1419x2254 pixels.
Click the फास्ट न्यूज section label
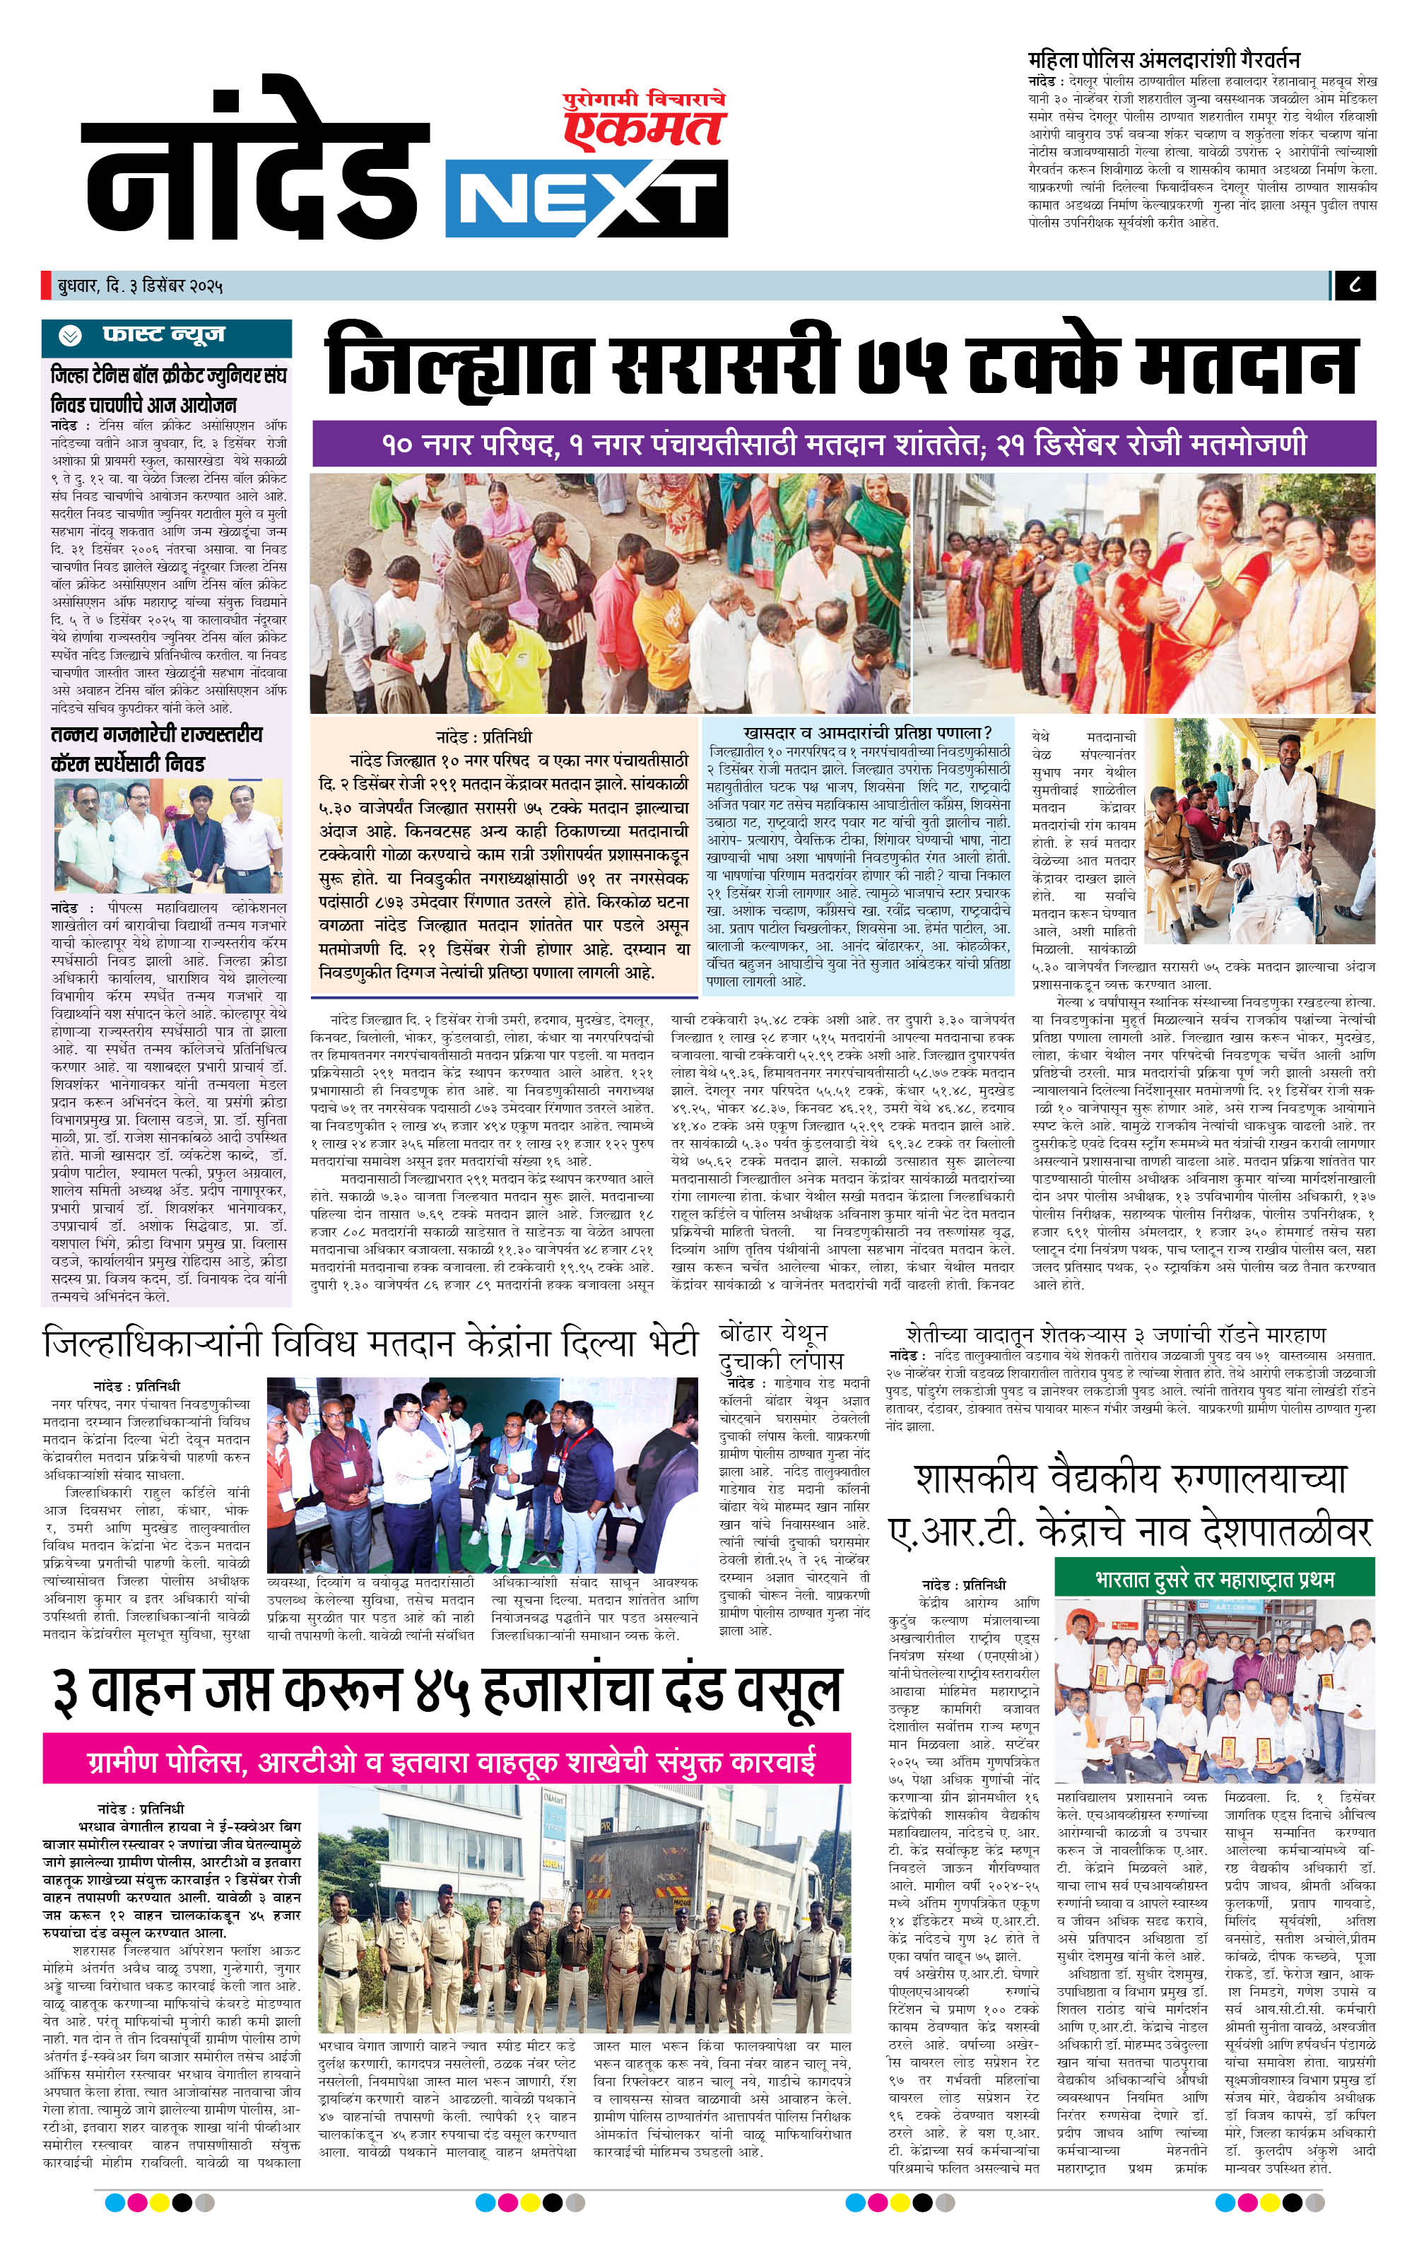(x=164, y=335)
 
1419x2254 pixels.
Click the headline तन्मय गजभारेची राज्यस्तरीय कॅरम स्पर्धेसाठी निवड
(x=156, y=748)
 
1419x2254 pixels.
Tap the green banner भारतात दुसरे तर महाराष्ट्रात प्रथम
(x=1214, y=1579)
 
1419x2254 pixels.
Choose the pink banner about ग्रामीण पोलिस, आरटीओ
(x=447, y=1757)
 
